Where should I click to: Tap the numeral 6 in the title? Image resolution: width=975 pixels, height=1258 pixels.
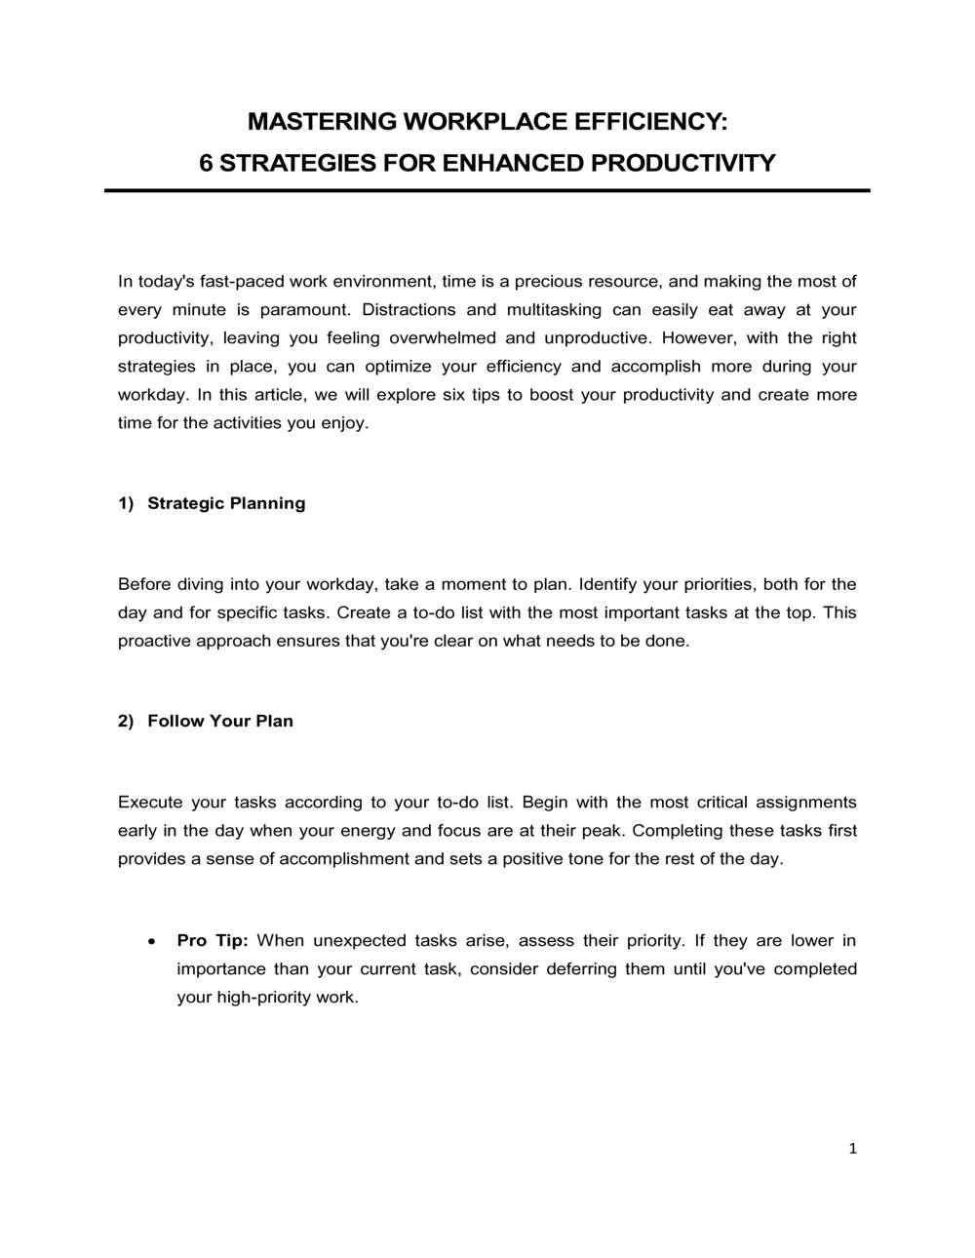pos(206,163)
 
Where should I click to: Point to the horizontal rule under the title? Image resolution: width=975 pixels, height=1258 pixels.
pos(487,191)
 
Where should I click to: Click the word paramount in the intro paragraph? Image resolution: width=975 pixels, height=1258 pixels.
pos(306,310)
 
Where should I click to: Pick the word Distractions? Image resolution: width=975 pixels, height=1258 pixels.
pos(408,310)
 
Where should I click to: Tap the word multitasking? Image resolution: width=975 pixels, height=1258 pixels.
pos(553,310)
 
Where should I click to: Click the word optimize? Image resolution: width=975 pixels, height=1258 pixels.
pos(397,367)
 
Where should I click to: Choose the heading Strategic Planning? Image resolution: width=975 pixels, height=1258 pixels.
pos(226,503)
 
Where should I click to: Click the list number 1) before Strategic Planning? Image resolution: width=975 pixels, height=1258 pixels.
pos(126,503)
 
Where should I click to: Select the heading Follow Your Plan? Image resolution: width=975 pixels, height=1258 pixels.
pos(220,722)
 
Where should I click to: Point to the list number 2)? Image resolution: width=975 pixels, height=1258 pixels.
pos(126,722)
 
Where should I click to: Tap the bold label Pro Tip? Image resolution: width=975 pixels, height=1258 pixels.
pos(213,941)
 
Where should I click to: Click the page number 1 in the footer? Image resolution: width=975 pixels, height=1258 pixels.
pos(853,1150)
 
